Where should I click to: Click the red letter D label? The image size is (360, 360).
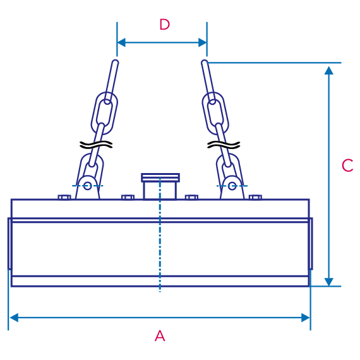click(165, 25)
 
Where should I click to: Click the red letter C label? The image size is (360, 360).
click(347, 165)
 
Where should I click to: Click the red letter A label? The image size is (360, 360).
click(160, 336)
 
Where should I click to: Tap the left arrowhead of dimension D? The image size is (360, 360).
click(121, 42)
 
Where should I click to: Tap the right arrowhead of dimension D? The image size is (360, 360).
click(203, 42)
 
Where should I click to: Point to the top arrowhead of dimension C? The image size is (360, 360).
click(329, 70)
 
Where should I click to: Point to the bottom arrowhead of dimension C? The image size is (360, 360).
click(329, 282)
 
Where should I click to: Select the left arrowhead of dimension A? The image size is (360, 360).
click(14, 318)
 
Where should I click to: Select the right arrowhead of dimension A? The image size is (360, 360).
click(306, 318)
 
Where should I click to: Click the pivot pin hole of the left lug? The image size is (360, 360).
click(87, 186)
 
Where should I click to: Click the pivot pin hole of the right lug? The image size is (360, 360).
click(232, 186)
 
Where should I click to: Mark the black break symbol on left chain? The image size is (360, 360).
click(96, 145)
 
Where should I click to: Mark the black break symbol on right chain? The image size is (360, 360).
click(224, 145)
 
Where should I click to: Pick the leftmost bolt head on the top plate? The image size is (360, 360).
click(64, 197)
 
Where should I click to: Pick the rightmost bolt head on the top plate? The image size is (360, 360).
click(255, 197)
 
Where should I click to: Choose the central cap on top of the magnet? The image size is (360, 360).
click(160, 186)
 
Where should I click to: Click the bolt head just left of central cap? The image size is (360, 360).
click(128, 197)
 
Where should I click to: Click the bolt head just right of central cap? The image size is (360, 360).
click(191, 197)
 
